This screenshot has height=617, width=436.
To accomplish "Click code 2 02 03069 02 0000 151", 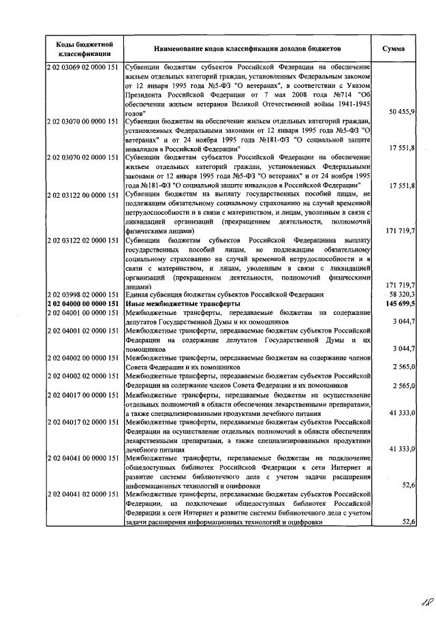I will coord(84,68).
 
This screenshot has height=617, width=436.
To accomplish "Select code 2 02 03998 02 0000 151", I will coord(84,293).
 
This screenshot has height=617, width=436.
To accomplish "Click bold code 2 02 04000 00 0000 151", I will coord(84,303).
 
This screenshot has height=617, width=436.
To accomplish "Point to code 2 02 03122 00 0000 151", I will coord(84,194).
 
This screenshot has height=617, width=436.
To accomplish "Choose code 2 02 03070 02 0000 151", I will coord(84,157).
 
